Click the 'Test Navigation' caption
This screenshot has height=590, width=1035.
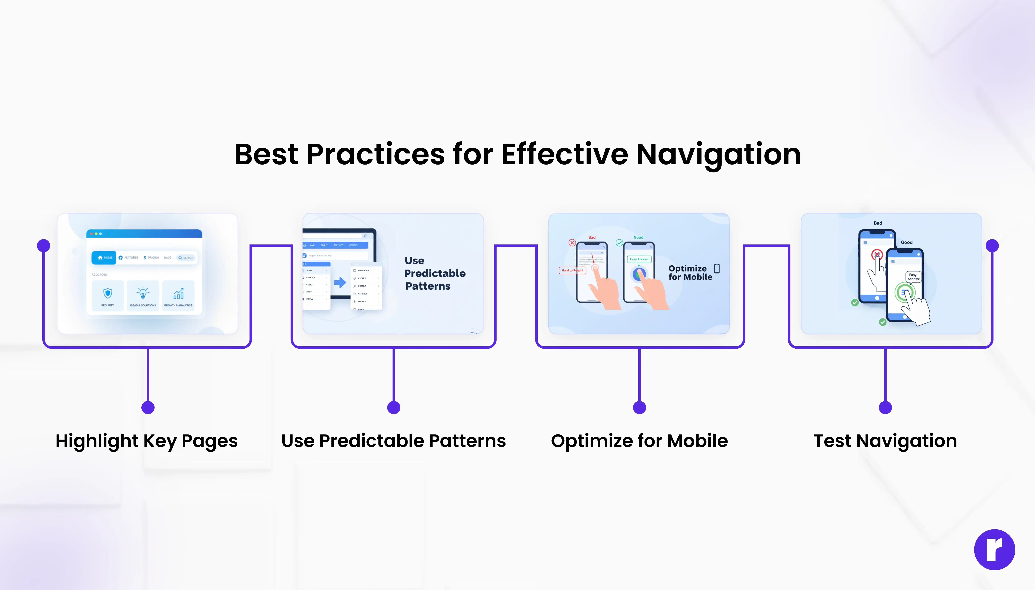coord(885,441)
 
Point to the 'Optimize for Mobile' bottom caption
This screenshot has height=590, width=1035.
coord(639,441)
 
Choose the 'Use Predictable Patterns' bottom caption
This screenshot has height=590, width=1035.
coord(393,441)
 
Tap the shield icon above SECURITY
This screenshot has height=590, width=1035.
coord(107,293)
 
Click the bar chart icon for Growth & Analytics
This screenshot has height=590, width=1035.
coord(178,293)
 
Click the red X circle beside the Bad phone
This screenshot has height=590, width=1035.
coord(572,243)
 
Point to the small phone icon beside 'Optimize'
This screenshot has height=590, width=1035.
coord(717,269)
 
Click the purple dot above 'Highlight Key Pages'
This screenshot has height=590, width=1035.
coord(148,407)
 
